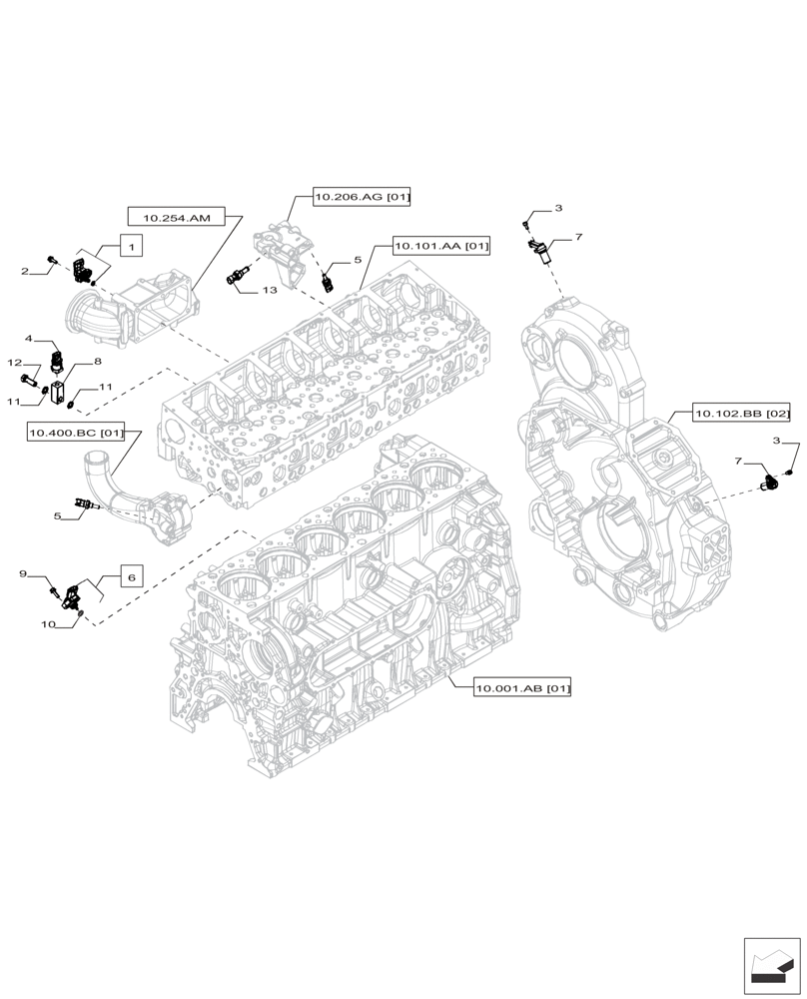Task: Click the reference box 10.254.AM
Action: pos(177,216)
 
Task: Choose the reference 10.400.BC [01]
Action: pos(77,433)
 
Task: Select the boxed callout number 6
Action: pos(133,576)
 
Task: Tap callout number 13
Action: pos(270,290)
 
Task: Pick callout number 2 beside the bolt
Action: pos(24,271)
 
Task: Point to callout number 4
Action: pos(30,339)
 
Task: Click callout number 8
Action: pos(98,361)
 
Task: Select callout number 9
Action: pos(23,573)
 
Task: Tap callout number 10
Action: pos(47,623)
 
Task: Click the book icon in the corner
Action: pos(772,966)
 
